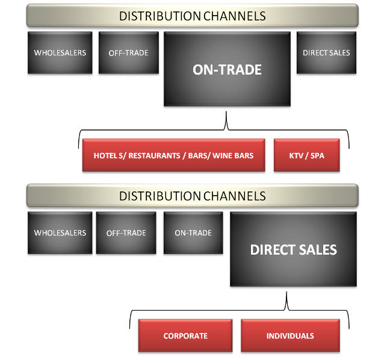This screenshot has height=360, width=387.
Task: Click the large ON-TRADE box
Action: coord(227,70)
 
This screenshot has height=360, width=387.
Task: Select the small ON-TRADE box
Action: coord(193,233)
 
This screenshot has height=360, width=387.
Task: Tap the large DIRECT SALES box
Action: coord(293,249)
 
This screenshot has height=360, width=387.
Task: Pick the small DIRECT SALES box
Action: coord(326,52)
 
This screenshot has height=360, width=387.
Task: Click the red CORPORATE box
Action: coord(185,336)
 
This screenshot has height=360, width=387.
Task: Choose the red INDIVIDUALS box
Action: coord(290,336)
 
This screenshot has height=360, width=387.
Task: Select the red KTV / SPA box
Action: coord(306,155)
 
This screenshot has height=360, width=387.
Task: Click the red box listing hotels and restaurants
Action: coord(173,155)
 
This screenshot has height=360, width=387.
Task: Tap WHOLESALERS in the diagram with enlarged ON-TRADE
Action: coord(60,52)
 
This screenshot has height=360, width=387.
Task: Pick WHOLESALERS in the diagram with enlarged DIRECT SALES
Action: coord(60,233)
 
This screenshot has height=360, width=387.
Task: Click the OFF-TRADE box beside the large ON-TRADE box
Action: coord(128,52)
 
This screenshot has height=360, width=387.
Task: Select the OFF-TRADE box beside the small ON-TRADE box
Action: coord(126,233)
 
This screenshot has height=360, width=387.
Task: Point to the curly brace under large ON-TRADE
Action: coord(226,127)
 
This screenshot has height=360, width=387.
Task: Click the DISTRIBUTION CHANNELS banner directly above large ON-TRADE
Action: coord(192,16)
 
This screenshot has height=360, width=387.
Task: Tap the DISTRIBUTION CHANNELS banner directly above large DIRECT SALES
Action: coord(192,196)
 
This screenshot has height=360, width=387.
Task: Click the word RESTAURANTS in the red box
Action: coord(153,155)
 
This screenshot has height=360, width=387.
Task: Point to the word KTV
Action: coord(297,155)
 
